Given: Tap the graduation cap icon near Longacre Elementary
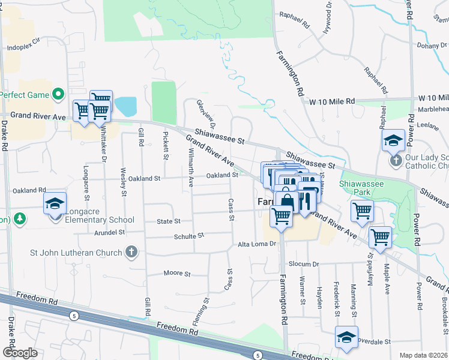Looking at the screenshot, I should [55, 203].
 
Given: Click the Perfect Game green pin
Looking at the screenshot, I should [58, 94].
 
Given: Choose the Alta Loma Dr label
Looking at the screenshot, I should [256, 244].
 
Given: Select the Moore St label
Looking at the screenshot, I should [177, 274].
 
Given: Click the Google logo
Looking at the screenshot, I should [20, 352].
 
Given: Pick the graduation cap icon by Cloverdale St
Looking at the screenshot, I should [346, 337].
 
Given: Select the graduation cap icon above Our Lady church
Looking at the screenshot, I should [394, 140].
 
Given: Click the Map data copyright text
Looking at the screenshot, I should [423, 355].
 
